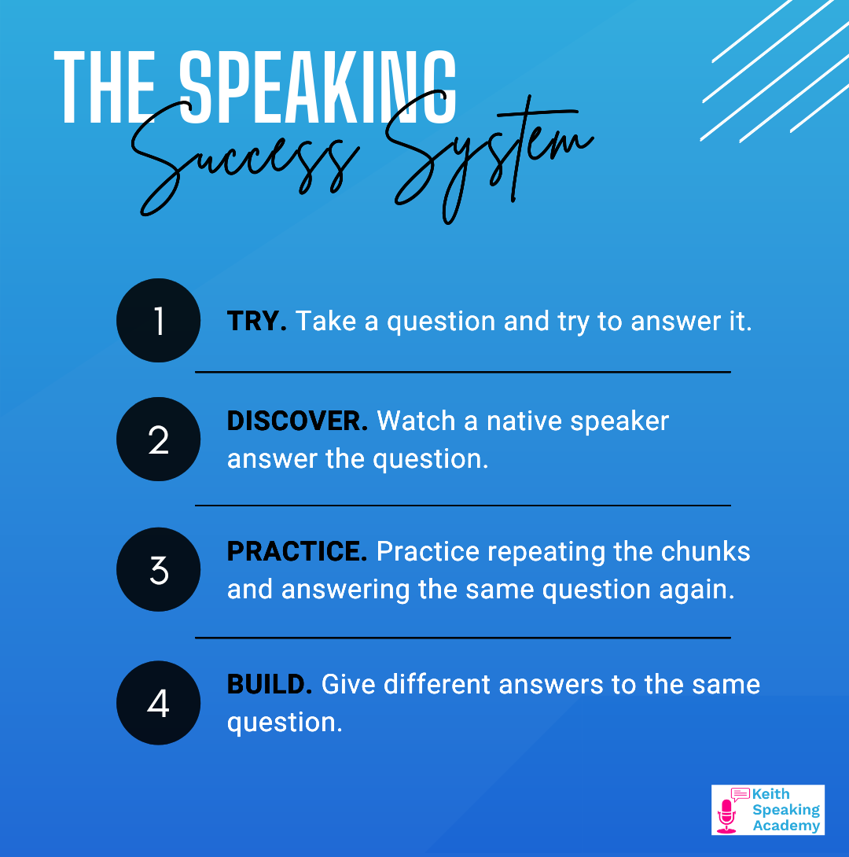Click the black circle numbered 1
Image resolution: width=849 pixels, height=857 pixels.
[x=159, y=320]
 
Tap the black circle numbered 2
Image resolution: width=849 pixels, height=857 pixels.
[x=159, y=439]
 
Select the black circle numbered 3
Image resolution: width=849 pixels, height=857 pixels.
[x=159, y=569]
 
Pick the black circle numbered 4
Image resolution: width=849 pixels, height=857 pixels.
[x=159, y=703]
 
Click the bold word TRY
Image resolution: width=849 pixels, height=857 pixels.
[x=257, y=321]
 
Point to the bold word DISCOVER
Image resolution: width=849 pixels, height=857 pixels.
[x=297, y=421]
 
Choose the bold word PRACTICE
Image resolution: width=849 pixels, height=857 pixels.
[x=297, y=551]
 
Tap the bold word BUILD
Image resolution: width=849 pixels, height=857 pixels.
[x=270, y=684]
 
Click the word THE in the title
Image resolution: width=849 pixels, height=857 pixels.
[x=105, y=87]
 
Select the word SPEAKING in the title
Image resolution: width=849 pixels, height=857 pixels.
[x=318, y=87]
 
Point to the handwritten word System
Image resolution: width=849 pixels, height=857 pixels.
[x=489, y=159]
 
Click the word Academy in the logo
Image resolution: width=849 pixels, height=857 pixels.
[x=786, y=826]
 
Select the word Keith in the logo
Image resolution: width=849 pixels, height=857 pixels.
[x=771, y=793]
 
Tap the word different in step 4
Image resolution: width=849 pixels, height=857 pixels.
[x=436, y=684]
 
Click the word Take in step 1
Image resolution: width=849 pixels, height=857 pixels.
[x=325, y=321]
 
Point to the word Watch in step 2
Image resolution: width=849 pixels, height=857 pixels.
[x=417, y=421]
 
